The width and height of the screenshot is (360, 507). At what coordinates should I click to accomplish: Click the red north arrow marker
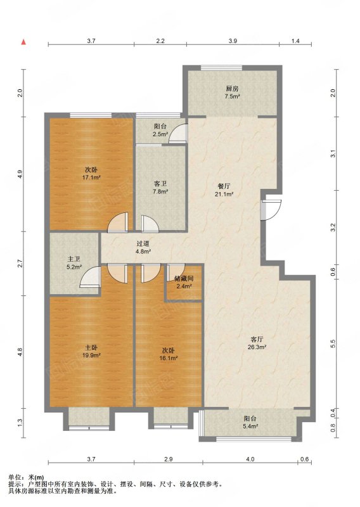(x=23, y=42)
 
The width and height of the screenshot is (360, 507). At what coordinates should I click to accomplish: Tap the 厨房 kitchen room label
(x=232, y=89)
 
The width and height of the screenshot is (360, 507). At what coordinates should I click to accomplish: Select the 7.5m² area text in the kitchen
(x=232, y=96)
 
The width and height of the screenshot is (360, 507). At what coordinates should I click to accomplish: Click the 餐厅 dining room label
(x=224, y=186)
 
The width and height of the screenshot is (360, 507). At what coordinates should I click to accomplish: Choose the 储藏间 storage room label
(x=184, y=278)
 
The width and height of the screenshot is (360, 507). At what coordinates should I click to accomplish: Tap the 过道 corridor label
(x=143, y=244)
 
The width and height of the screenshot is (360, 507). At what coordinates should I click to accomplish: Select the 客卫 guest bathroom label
(x=160, y=184)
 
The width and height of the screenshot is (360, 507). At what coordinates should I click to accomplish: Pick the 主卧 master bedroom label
(x=91, y=347)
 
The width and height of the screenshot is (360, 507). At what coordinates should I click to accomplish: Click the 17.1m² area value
(x=91, y=177)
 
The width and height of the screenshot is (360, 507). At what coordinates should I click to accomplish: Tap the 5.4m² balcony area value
(x=251, y=427)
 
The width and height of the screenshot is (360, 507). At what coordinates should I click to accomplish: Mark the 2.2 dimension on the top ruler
(x=160, y=41)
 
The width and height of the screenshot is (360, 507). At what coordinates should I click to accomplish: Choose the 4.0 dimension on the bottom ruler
(x=250, y=459)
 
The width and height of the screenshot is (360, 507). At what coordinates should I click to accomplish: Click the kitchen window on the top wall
(x=221, y=68)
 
